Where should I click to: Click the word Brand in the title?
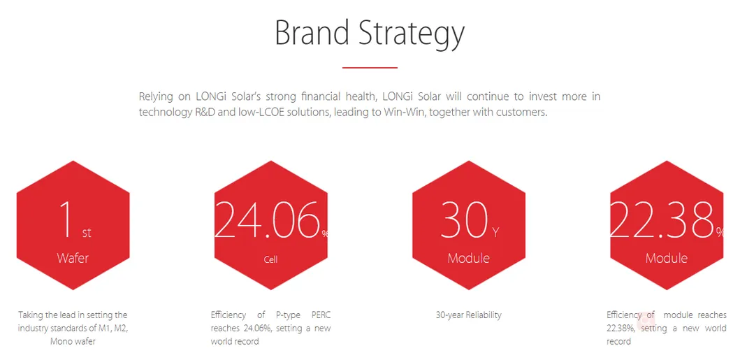pyautogui.click(x=312, y=33)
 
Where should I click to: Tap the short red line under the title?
pyautogui.click(x=370, y=68)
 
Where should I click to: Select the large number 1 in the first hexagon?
pyautogui.click(x=66, y=219)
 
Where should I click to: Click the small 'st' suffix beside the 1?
pyautogui.click(x=87, y=233)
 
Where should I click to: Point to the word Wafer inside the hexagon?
pyautogui.click(x=73, y=258)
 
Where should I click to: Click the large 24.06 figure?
pyautogui.click(x=268, y=219)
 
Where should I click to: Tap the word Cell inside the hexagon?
pyautogui.click(x=271, y=259)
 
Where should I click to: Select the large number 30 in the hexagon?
pyautogui.click(x=464, y=219)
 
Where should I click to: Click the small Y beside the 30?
pyautogui.click(x=495, y=233)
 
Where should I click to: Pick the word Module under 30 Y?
pyautogui.click(x=469, y=258)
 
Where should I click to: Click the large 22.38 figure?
pyautogui.click(x=662, y=219)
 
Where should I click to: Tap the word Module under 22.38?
pyautogui.click(x=667, y=258)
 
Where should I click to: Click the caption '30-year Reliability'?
pyautogui.click(x=469, y=315)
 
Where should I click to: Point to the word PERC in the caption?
pyautogui.click(x=321, y=315)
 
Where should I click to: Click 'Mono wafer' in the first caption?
pyautogui.click(x=73, y=341)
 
